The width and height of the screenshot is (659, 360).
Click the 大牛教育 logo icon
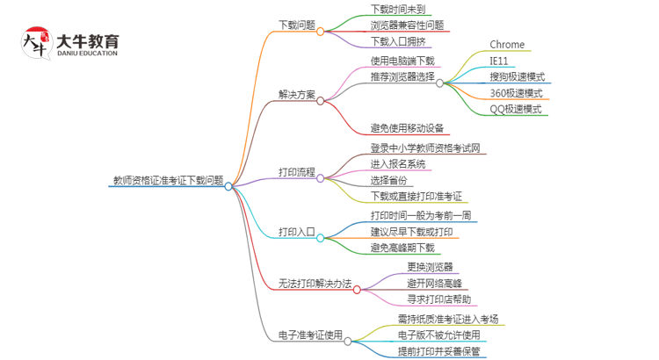point(37,43)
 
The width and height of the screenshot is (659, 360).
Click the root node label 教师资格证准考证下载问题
point(168,180)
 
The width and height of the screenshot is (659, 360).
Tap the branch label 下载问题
point(297,25)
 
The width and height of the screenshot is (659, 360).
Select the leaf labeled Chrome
point(507,45)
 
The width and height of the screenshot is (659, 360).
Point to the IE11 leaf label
point(499,61)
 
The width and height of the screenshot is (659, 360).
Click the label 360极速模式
point(516,93)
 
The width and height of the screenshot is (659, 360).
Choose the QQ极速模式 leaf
point(516,109)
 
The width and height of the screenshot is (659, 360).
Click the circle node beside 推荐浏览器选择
point(439,83)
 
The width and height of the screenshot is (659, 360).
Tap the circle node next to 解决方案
point(320,101)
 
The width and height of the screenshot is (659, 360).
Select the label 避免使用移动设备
point(407,128)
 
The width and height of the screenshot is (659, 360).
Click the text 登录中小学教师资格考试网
point(425,148)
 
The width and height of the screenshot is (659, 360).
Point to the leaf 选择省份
point(388,181)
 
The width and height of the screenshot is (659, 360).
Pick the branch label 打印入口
point(297,232)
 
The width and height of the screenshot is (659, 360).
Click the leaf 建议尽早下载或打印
point(411,232)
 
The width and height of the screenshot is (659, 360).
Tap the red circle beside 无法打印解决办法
point(357,290)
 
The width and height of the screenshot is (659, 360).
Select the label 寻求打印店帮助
point(438,299)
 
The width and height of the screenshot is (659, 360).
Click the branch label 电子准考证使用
point(310,335)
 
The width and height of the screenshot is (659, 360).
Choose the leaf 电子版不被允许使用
point(438,335)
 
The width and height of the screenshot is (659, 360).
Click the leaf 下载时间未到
point(397,10)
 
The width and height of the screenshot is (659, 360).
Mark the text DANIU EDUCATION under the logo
point(87,54)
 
